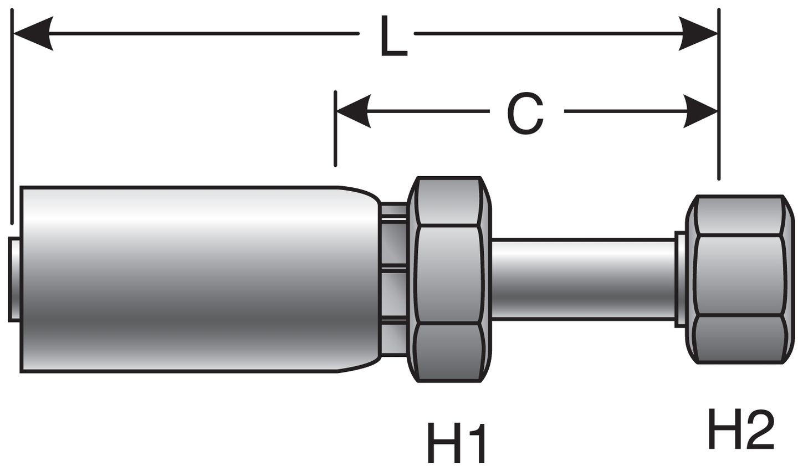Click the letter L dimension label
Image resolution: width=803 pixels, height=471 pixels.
(393, 37)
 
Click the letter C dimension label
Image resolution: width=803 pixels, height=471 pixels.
(525, 113)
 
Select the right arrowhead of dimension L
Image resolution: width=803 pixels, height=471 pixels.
(699, 34)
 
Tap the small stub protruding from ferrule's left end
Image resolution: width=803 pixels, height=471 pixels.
(14, 279)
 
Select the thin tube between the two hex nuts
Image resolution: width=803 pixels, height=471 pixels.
(582, 279)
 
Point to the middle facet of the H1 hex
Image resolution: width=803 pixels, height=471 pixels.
(449, 274)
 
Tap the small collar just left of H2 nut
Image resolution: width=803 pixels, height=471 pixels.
(680, 279)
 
